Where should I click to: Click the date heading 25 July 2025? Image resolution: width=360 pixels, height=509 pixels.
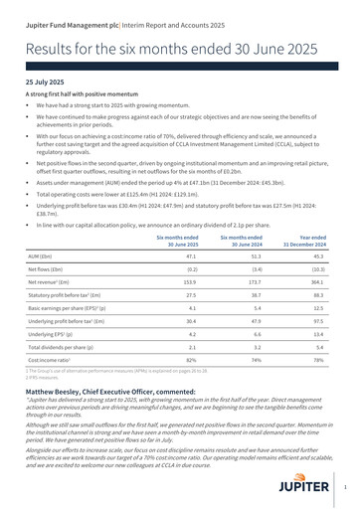(46, 85)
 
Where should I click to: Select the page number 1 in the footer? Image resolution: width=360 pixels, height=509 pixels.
(344, 488)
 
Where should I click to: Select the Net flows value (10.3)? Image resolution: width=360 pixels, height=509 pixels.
(318, 268)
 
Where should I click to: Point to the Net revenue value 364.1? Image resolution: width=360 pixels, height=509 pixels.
(317, 282)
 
